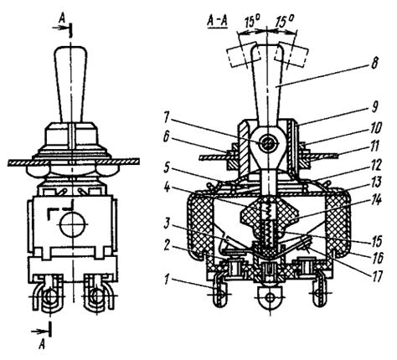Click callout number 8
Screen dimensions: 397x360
click(x=374, y=64)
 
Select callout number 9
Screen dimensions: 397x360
click(x=374, y=107)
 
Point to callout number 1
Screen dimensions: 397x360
click(x=168, y=279)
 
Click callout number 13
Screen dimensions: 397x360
click(x=375, y=183)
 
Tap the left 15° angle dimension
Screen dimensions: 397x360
click(x=252, y=22)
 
